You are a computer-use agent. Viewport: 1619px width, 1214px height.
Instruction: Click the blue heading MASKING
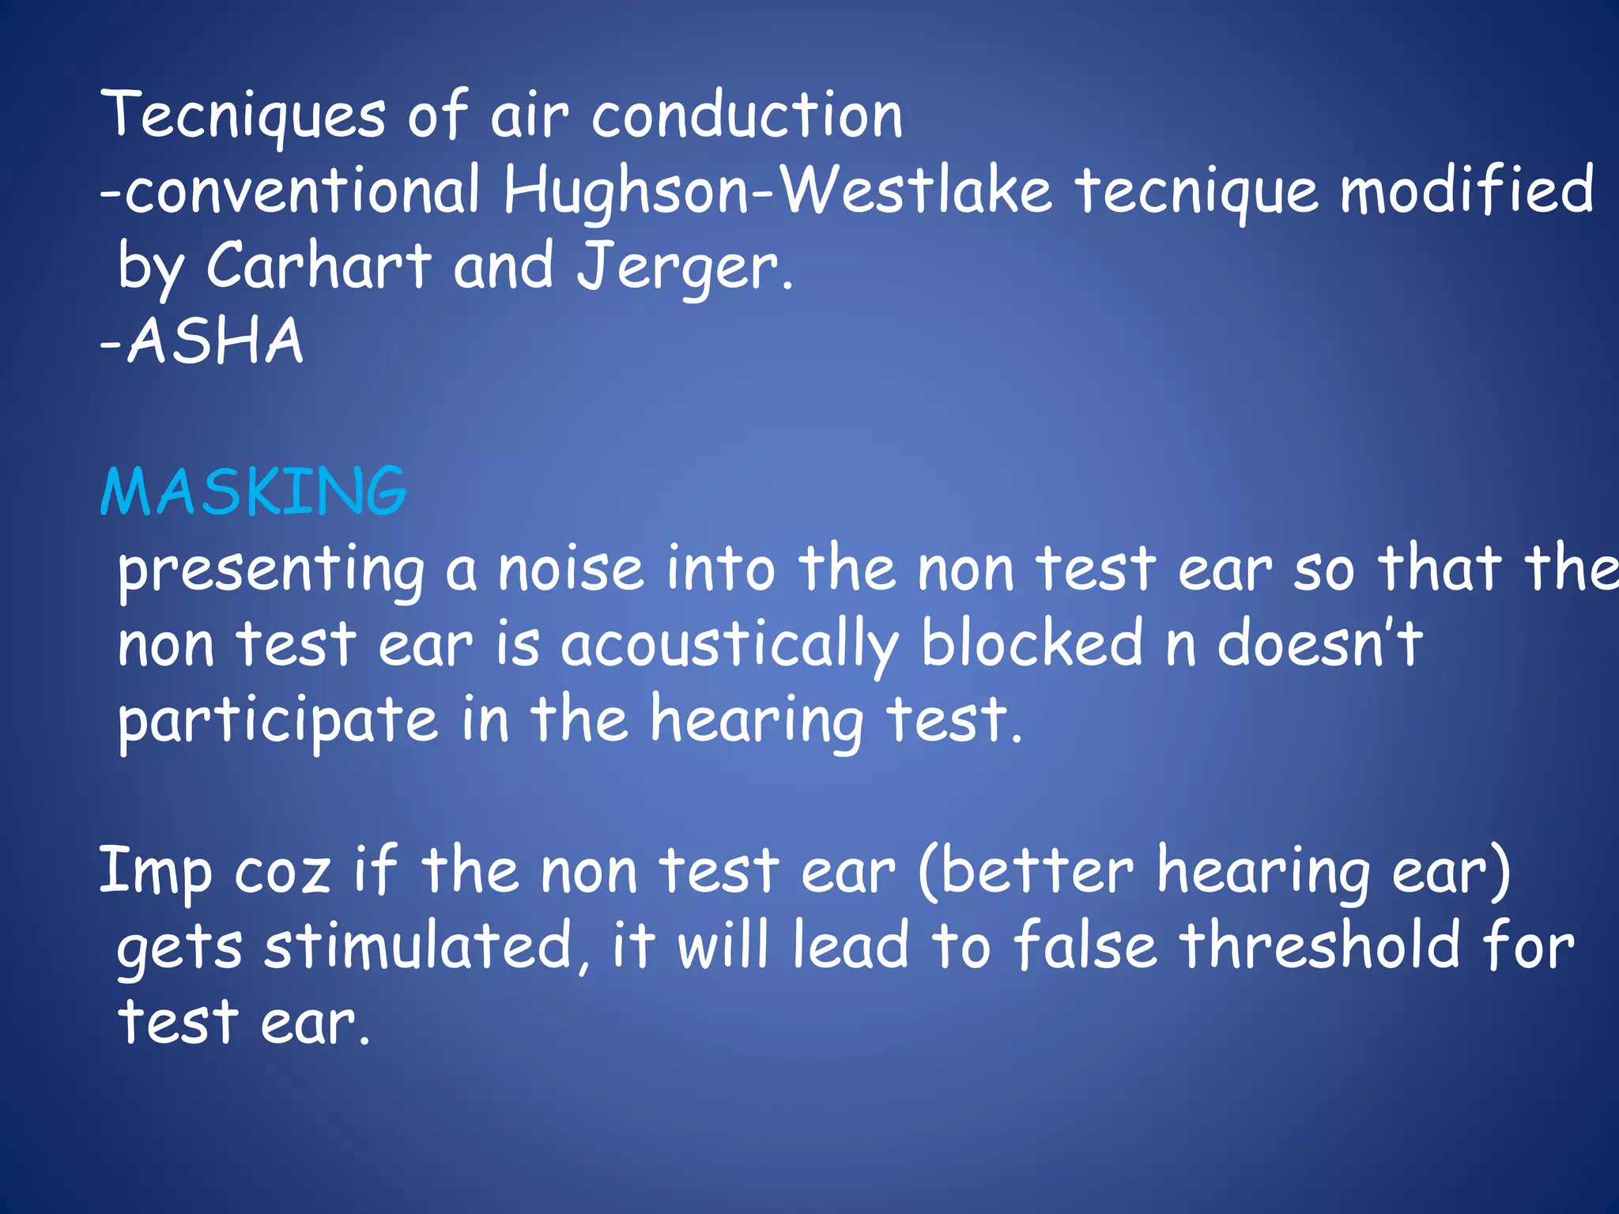coord(254,492)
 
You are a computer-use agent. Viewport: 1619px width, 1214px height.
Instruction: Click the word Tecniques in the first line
coord(243,116)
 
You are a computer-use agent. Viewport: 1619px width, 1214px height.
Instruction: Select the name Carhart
coord(319,266)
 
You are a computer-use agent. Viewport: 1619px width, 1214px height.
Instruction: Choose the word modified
coord(1467,190)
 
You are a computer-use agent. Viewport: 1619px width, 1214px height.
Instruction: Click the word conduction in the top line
coord(747,116)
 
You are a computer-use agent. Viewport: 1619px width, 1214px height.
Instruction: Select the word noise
coord(571,569)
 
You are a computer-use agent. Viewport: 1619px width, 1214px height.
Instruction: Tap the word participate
coord(277,721)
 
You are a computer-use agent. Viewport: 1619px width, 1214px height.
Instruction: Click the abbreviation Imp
coord(156,873)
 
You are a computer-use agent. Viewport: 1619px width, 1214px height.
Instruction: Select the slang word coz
coord(282,873)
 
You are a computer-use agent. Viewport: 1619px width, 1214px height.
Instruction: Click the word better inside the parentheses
coord(1036,871)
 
